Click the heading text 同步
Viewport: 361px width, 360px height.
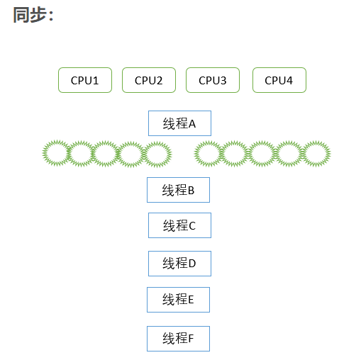33,15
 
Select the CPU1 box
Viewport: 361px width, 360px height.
85,80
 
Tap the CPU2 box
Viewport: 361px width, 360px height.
149,80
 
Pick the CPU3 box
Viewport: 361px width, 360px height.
213,80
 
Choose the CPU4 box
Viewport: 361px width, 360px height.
279,80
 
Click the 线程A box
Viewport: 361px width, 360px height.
179,123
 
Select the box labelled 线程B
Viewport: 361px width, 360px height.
178,190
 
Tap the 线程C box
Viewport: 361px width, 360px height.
179,225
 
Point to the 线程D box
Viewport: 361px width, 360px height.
179,263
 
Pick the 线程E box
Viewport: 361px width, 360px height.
178,300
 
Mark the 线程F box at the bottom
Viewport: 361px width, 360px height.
178,338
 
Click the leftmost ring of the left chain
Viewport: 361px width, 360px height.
56,154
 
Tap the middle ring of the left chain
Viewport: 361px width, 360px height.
105,154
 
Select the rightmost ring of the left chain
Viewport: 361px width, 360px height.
158,154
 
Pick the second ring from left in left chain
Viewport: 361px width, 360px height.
80,154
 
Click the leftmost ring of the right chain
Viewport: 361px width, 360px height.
208,154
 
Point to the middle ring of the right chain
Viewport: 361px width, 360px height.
261,154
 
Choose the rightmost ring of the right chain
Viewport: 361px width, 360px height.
316,154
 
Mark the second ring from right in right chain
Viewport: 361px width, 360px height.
289,154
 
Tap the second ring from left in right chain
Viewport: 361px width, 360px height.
234,154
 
